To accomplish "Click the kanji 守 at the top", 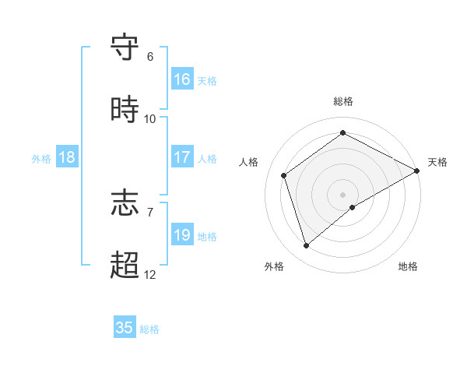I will (125, 48).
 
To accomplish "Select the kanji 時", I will (125, 111).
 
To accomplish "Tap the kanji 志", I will (125, 203).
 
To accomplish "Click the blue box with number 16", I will (182, 79).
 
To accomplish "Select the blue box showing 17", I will (182, 157).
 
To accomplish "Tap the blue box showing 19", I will (182, 235).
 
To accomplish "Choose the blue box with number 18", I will (67, 157).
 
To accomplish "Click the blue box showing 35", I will (125, 328).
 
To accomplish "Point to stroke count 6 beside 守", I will (150, 57).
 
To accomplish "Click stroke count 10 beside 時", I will (150, 119).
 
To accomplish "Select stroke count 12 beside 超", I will (150, 275).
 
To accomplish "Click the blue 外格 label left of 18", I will (41, 159).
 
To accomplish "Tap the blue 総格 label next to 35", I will (149, 329).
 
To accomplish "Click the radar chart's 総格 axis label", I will (343, 101).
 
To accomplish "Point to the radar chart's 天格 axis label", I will (437, 162).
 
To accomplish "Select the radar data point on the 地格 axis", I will (353, 207).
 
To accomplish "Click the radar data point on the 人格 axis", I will (284, 175).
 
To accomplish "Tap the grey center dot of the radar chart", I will (343, 194).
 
